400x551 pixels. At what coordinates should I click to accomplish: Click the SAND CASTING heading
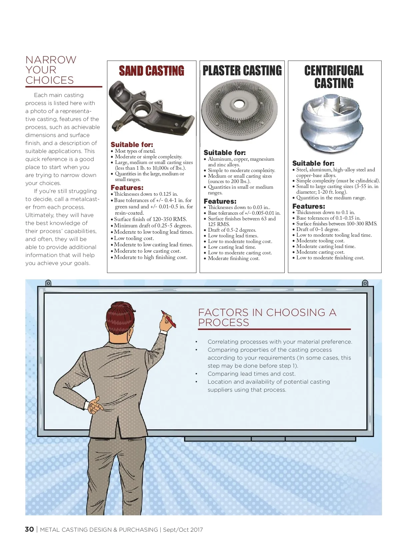click(x=151, y=71)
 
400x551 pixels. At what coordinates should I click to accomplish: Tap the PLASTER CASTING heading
click(x=242, y=71)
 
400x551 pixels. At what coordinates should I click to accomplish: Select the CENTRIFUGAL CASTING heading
click(x=334, y=77)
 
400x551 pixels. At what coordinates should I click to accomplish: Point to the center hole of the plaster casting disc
click(x=239, y=104)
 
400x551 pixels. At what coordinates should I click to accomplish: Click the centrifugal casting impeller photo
click(x=332, y=124)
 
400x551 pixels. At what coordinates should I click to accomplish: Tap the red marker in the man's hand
click(x=169, y=319)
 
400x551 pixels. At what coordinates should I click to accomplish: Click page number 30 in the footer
click(x=29, y=529)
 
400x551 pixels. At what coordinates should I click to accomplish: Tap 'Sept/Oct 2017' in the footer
click(x=183, y=530)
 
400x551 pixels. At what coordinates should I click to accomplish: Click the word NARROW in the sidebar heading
click(x=51, y=60)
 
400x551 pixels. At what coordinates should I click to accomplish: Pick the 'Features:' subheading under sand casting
click(x=127, y=188)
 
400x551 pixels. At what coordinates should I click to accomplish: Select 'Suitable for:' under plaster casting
click(x=225, y=153)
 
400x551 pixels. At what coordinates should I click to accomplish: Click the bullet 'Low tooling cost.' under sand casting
click(x=134, y=238)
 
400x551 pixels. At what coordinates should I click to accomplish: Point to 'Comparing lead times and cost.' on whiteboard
click(x=251, y=374)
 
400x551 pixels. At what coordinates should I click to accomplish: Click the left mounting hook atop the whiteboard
click(x=48, y=283)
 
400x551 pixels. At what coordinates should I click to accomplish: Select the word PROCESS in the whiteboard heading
click(x=223, y=322)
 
